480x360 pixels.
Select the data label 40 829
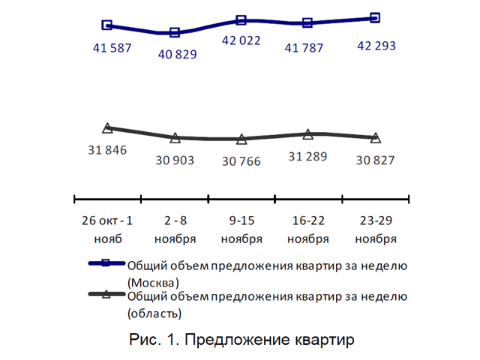pos(175,55)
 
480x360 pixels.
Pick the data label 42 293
pos(376,45)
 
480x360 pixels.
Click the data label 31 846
pos(107,150)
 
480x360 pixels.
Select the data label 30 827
pos(375,160)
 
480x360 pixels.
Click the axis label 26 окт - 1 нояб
pos(107,230)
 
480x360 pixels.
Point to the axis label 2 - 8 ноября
pos(175,230)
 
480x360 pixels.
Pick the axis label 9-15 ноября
pos(241,230)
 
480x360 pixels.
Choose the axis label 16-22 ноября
pos(308,230)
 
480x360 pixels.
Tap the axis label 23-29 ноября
pos(376,230)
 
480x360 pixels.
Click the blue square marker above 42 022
pos(241,20)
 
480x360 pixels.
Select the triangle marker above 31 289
pos(308,134)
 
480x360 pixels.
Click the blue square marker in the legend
pos(106,264)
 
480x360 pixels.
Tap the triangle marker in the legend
pos(106,295)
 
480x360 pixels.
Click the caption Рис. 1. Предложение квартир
pos(239,339)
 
